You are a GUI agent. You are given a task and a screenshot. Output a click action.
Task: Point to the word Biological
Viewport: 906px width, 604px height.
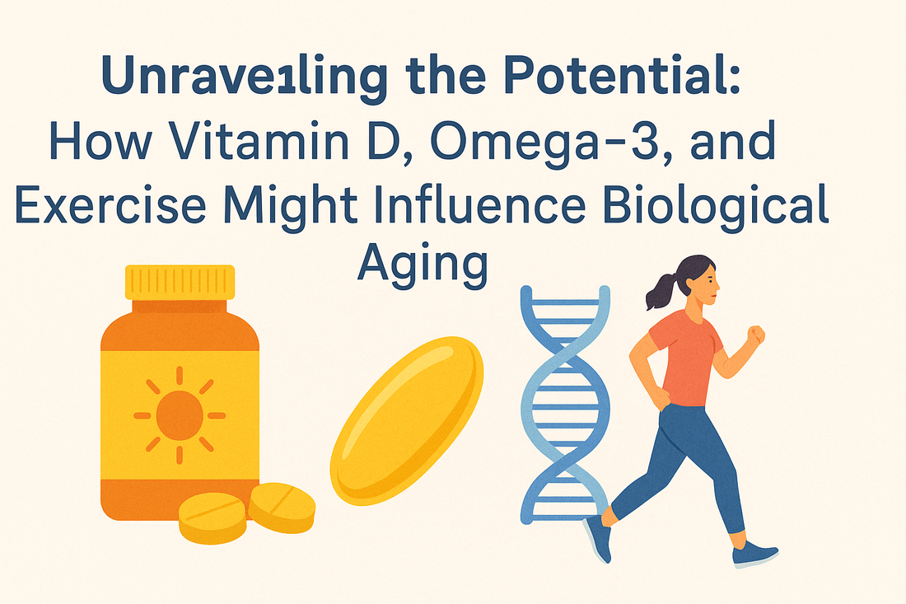(716, 205)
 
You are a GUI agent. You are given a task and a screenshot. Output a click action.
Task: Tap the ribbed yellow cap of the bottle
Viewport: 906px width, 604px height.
(180, 282)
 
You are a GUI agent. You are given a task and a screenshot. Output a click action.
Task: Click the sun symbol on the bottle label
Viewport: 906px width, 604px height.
(180, 414)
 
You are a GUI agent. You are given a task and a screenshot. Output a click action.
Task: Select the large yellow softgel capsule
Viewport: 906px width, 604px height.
(407, 421)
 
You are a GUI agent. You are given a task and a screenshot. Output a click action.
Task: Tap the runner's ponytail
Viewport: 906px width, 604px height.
(661, 292)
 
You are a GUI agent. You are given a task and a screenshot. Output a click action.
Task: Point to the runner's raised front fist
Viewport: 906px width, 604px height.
(756, 335)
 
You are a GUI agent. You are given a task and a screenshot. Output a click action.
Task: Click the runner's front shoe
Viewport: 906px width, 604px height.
(754, 554)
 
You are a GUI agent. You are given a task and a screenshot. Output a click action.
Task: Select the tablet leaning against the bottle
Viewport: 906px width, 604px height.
(282, 507)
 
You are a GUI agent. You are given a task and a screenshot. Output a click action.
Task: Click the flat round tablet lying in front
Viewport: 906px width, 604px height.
(212, 517)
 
